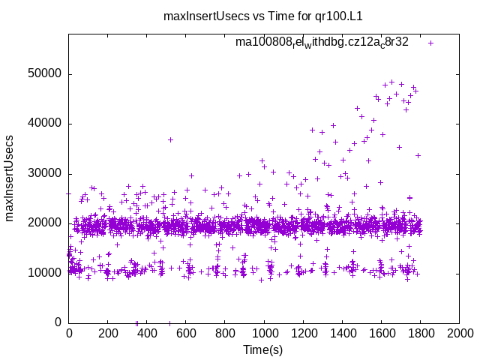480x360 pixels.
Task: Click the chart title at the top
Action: coord(240,16)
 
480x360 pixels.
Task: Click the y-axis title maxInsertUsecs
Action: coord(10,178)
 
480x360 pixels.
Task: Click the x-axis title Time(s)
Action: coord(264,349)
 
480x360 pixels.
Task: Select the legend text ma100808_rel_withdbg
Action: coord(322,42)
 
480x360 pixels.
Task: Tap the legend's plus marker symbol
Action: coord(430,43)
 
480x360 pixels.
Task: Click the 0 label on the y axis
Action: coord(58,322)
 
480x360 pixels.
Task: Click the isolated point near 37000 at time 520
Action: coord(170,139)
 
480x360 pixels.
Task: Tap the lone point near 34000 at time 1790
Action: coord(418,155)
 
